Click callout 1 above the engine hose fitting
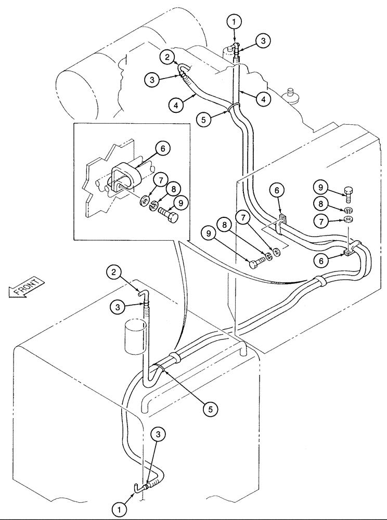click(234, 23)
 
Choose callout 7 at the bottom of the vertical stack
click(320, 223)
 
